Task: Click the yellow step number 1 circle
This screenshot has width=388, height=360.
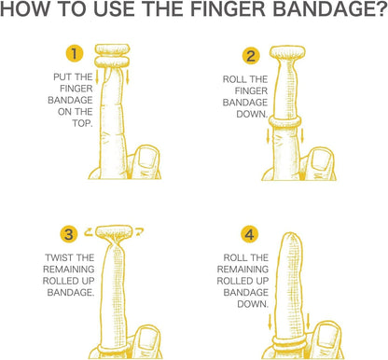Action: click(x=75, y=54)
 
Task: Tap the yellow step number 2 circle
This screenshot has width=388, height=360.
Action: click(x=251, y=56)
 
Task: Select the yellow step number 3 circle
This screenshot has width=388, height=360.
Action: click(x=69, y=234)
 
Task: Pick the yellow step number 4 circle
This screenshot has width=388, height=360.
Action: click(x=250, y=234)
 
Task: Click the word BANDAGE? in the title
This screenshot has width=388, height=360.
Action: click(x=329, y=9)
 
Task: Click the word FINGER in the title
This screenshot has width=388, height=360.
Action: click(x=228, y=9)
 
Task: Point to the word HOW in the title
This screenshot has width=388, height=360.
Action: click(x=24, y=9)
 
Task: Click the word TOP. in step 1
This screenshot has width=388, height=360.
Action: click(x=82, y=123)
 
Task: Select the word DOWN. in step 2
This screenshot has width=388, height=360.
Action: click(x=252, y=114)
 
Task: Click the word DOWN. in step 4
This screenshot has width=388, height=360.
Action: click(x=253, y=304)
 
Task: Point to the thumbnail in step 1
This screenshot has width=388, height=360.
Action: click(x=148, y=159)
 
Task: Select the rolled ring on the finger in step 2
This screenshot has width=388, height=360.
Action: click(x=285, y=121)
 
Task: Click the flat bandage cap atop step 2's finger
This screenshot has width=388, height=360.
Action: click(x=287, y=52)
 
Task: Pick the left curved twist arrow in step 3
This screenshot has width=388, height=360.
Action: click(x=89, y=231)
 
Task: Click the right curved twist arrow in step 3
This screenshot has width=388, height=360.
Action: click(x=139, y=231)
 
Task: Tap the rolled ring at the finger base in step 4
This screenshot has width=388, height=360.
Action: click(x=289, y=343)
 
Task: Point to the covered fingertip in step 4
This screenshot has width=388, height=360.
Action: click(x=291, y=240)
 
